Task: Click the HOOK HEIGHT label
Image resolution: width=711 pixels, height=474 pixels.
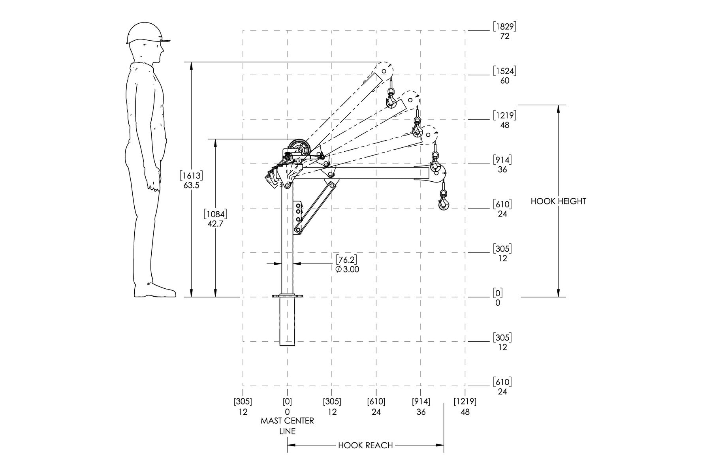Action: (x=558, y=201)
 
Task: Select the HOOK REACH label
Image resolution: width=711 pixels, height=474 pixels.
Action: (x=365, y=446)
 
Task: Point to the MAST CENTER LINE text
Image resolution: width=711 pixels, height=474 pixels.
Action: (x=287, y=426)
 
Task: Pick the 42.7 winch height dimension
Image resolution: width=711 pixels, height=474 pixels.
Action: (x=215, y=219)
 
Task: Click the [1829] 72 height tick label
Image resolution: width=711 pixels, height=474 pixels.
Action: (x=504, y=31)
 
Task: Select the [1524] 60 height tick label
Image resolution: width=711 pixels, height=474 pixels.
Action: (x=504, y=75)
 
